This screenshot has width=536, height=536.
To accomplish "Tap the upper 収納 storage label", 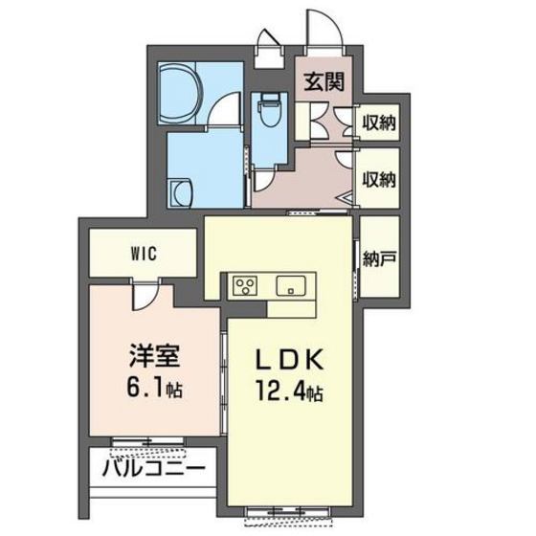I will click(x=379, y=123).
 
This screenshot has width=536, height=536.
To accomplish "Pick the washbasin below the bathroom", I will click(x=179, y=192).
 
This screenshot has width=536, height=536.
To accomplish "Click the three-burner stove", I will click(x=243, y=286).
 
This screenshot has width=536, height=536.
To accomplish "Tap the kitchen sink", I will click(x=290, y=285).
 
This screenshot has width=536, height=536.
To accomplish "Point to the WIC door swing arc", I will click(x=144, y=297).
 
